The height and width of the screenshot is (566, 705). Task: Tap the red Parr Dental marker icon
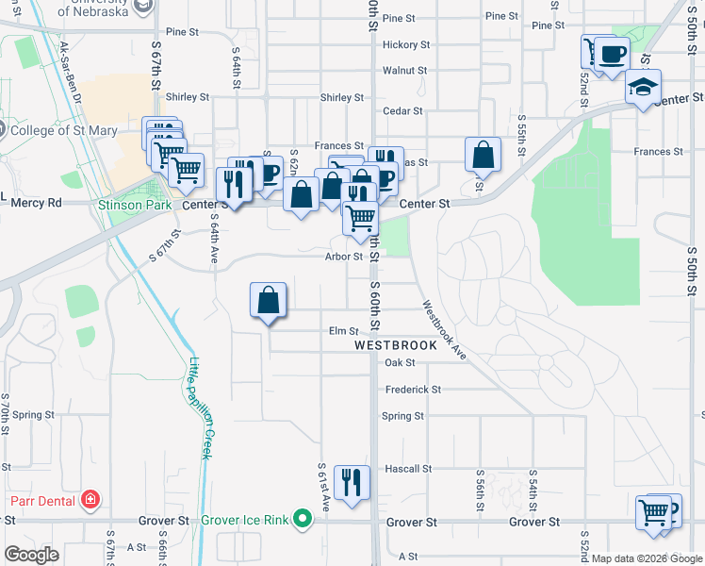pos(90,499)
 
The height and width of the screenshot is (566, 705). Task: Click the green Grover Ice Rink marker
pos(302,518)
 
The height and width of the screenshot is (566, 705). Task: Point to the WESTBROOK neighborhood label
pos(396,345)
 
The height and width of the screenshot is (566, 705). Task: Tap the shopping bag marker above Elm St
pos(269,302)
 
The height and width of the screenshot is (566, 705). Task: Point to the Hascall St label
pos(407,468)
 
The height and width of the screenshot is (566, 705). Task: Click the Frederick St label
pos(412,389)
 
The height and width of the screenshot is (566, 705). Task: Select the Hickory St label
pos(406,44)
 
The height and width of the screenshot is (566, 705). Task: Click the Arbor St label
pos(343,256)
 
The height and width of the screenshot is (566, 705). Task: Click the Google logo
pos(31,555)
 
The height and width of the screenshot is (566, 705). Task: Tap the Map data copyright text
pos(647,558)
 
